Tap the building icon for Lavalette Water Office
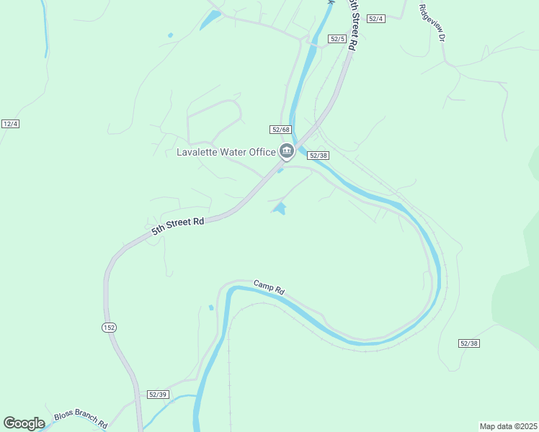tap(287, 151)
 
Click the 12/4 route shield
tap(10, 124)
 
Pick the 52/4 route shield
tap(376, 19)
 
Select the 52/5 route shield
tap(337, 38)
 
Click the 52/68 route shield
tap(280, 130)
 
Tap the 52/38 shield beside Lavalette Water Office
tap(318, 155)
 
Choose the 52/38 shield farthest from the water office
tap(468, 343)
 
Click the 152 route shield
tap(108, 328)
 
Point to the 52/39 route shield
tap(158, 395)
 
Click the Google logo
tap(24, 423)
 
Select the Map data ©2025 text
tap(508, 426)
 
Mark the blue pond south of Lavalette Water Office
tap(280, 209)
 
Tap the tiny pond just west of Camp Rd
tap(211, 307)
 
